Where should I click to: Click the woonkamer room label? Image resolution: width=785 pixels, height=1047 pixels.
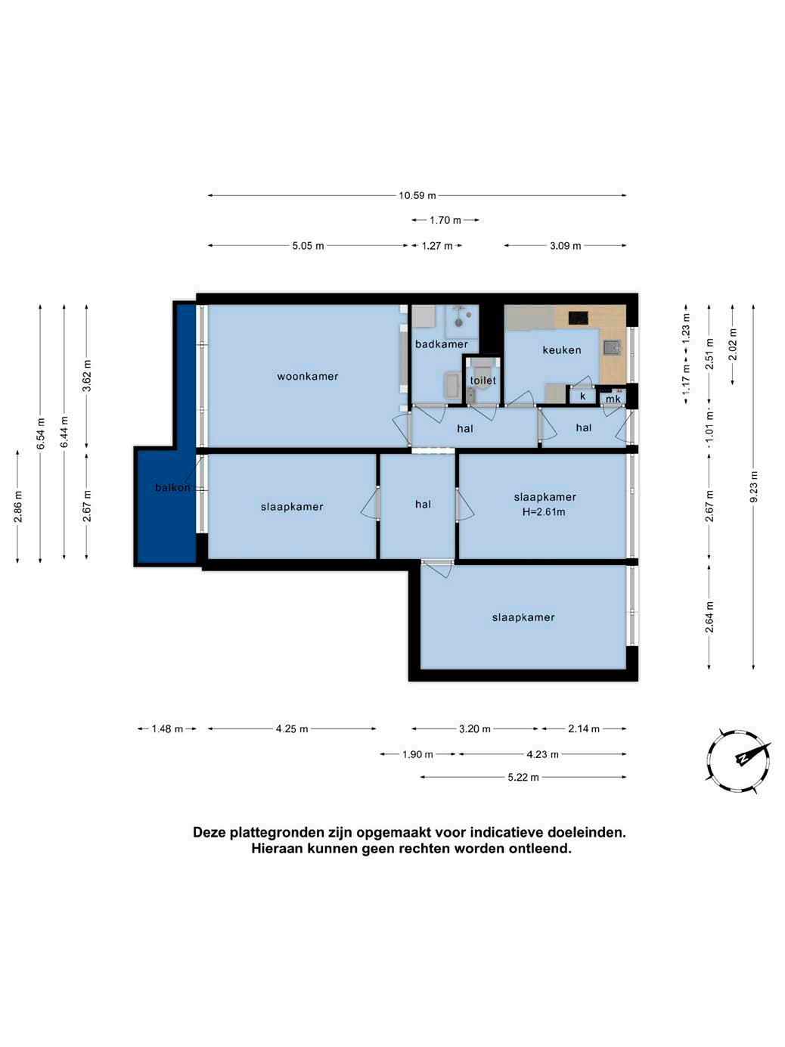pos(308,376)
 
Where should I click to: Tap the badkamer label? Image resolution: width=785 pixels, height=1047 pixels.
pos(442,344)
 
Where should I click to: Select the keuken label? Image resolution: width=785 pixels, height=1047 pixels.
pos(562,350)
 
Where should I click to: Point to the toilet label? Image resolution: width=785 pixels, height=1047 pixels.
pos(482,381)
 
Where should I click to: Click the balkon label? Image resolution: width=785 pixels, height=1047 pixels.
pos(172,487)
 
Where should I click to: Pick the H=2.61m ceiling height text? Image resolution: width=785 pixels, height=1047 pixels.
pos(544,512)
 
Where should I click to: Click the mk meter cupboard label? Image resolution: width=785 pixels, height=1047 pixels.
pos(613,398)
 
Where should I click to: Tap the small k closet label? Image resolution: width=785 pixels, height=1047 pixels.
pos(582,396)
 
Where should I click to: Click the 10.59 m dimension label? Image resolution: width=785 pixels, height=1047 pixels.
pos(417,195)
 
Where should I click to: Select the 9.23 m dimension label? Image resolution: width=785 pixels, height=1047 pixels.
pos(753,486)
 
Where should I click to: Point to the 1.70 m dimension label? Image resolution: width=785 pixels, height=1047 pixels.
pos(445,220)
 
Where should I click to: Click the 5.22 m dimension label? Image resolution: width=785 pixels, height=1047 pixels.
pos(523,777)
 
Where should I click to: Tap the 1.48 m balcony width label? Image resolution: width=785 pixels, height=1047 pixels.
pos(167,729)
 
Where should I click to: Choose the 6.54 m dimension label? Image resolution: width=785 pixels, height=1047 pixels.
pos(41,433)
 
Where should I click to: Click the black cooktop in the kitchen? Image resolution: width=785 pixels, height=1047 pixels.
pos(578,317)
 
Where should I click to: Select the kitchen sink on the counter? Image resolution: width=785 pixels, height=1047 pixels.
pos(612,347)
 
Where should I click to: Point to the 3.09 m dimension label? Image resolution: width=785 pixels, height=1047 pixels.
pos(565,246)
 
